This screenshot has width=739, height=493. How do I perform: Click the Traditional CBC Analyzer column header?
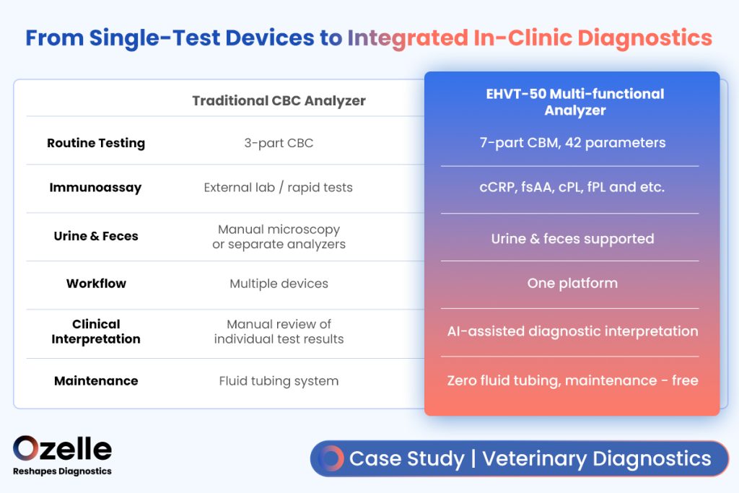(x=279, y=100)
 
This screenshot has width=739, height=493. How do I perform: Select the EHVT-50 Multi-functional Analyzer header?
(x=575, y=102)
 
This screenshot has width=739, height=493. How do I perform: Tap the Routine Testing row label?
(x=96, y=143)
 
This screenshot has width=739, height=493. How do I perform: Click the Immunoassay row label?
(x=95, y=188)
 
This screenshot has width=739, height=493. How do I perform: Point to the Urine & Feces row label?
(x=96, y=235)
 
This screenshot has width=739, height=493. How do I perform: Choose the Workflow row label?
(x=96, y=283)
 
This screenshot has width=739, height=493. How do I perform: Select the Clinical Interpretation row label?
(x=96, y=331)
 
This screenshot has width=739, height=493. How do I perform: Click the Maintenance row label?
(x=96, y=381)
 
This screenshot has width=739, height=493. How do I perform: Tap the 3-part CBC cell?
(x=279, y=143)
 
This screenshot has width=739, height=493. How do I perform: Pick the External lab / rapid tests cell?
(x=278, y=188)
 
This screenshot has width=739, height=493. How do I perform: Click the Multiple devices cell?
(x=279, y=283)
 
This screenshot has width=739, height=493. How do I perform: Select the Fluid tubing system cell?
(x=279, y=381)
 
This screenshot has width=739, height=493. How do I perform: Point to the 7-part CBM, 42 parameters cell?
(x=572, y=142)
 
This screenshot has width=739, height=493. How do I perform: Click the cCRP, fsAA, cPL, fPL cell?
(x=572, y=187)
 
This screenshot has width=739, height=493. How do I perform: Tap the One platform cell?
(x=572, y=283)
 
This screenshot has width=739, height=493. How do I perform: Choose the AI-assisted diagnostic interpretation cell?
(x=572, y=331)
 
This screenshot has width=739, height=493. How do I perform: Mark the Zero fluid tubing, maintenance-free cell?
(x=572, y=380)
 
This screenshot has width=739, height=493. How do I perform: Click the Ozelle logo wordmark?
(x=62, y=448)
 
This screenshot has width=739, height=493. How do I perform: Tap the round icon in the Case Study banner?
(x=331, y=458)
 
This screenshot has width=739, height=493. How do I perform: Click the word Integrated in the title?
(x=408, y=38)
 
